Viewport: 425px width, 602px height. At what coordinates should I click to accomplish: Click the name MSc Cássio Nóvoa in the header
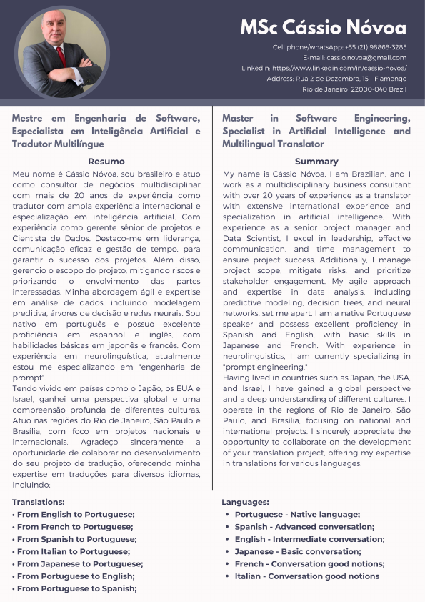(323, 28)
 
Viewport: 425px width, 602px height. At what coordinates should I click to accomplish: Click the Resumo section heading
(106, 161)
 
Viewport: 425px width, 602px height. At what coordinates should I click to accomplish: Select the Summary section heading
(316, 161)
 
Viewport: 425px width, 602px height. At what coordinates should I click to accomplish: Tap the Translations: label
(39, 503)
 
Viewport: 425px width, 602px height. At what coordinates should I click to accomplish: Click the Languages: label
(245, 503)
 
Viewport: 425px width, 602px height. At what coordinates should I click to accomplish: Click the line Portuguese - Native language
(297, 515)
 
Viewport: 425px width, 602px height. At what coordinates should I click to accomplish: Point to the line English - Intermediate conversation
(309, 539)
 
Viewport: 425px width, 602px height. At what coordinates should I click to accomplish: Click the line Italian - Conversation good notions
(307, 576)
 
